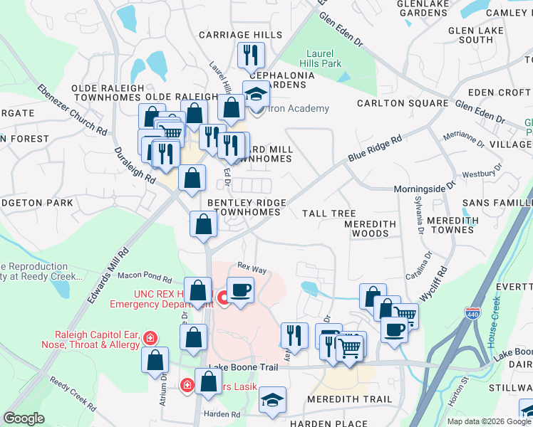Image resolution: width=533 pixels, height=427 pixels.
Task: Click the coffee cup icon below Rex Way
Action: tap(240, 290)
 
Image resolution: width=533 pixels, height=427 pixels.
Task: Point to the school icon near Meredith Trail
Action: tap(271, 399)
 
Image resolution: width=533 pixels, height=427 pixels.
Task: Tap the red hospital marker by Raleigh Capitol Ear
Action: tap(150, 337)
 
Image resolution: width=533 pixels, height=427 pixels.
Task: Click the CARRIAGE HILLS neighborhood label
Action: tap(241, 35)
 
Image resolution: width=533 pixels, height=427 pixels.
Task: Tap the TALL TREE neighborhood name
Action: tap(328, 213)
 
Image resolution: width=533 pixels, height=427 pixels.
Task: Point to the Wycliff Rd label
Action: tap(441, 283)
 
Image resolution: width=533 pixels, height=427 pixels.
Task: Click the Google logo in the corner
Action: tap(24, 418)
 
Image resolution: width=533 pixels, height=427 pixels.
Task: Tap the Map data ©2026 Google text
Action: tap(489, 421)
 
